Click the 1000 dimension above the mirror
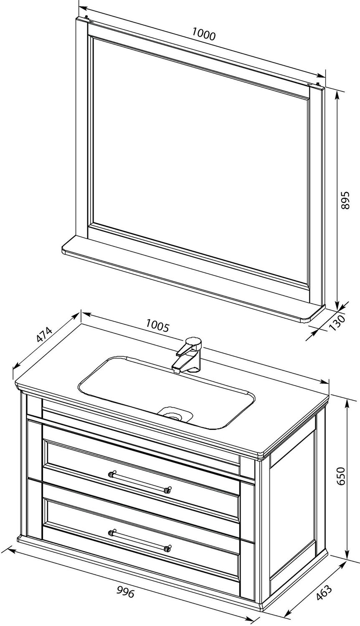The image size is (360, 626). point(204,35)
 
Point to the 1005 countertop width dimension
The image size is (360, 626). point(157,326)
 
